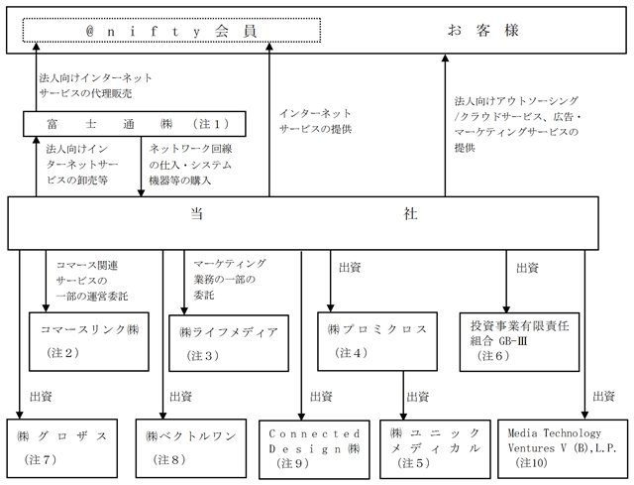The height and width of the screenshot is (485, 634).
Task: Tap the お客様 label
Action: click(482, 31)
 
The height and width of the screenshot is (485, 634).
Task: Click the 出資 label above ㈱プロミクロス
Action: click(350, 267)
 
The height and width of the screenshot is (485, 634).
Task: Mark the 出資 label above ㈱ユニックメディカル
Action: click(418, 397)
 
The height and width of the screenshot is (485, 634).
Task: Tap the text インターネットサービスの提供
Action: click(315, 121)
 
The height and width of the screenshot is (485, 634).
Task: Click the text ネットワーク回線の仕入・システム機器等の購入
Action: click(190, 165)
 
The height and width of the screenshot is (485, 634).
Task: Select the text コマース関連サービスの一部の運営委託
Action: click(92, 281)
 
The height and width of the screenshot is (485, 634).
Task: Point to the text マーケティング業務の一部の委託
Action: click(230, 279)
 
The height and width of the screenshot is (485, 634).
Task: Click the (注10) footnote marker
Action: click(531, 462)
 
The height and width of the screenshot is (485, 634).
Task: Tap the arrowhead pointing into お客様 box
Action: click(445, 58)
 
